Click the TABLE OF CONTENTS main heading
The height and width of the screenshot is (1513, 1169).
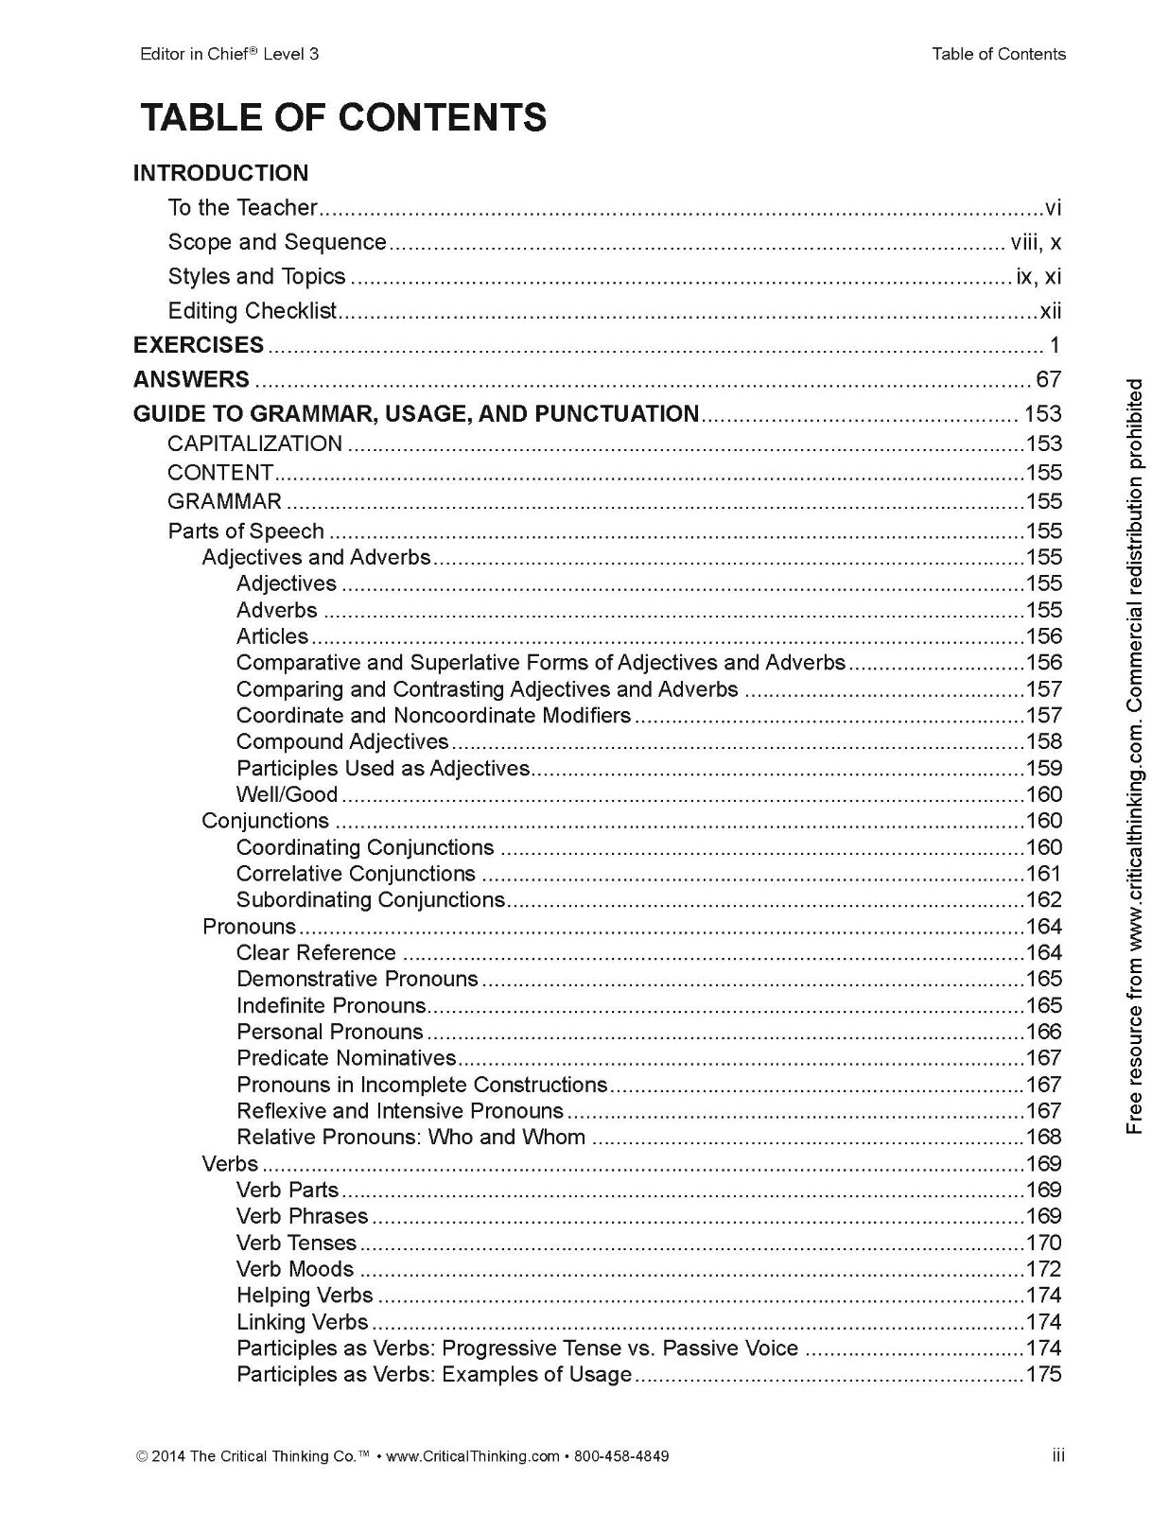(343, 118)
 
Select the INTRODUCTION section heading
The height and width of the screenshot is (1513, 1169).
(220, 173)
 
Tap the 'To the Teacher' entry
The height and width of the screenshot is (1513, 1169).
(242, 207)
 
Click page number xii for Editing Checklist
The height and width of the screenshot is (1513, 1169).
(1050, 311)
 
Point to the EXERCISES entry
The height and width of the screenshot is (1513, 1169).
(199, 345)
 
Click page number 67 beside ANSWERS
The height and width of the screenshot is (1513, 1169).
(1048, 380)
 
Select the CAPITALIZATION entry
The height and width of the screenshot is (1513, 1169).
(254, 443)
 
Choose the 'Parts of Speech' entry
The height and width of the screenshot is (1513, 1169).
(246, 530)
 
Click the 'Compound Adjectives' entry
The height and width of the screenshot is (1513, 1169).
(342, 741)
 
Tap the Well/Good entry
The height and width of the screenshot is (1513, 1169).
(287, 794)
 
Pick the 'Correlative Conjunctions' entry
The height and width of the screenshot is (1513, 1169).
(356, 874)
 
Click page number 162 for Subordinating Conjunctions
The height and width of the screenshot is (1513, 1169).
(1044, 900)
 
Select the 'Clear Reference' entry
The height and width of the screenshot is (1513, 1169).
(316, 952)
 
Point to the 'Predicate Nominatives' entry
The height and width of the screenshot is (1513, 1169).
(346, 1058)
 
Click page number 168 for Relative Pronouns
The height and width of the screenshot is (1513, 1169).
(1044, 1138)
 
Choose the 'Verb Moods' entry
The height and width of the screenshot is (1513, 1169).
(295, 1269)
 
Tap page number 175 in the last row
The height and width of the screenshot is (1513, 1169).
(1044, 1375)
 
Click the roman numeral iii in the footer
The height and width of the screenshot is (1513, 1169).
(1058, 1455)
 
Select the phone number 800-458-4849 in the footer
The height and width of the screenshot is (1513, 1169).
(621, 1456)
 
